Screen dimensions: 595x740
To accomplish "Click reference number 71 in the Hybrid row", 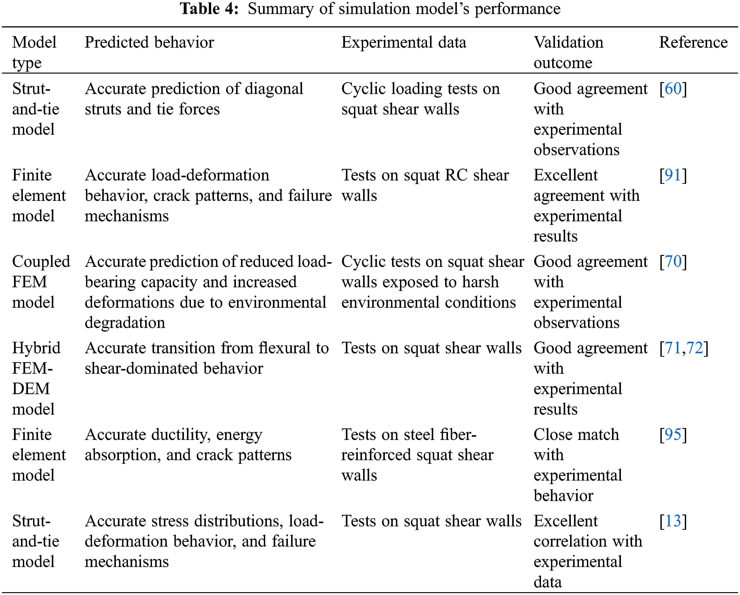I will pos(673,349).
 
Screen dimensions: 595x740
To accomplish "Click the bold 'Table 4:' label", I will pos(209,9).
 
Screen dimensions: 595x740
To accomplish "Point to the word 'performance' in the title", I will pos(517,9).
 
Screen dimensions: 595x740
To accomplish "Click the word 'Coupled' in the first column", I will pos(41,262).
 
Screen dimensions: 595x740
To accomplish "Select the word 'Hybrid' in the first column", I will pos(36,349).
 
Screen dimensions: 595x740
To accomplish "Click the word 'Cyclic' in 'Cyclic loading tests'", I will pos(363,89).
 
